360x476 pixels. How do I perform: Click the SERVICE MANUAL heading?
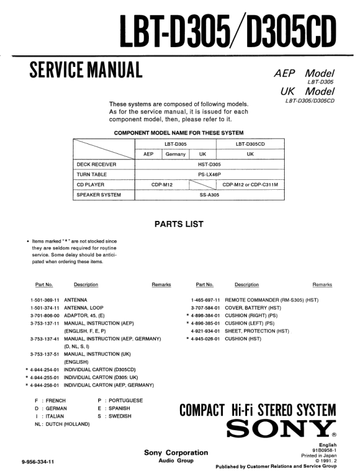(85, 70)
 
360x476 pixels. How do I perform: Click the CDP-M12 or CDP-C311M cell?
(250, 185)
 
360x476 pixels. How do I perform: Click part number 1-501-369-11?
(45, 300)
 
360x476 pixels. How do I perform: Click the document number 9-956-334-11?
(38, 462)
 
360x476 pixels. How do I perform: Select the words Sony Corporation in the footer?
(176, 452)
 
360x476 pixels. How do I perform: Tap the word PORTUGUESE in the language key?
(125, 400)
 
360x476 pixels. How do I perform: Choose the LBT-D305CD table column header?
(250, 144)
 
